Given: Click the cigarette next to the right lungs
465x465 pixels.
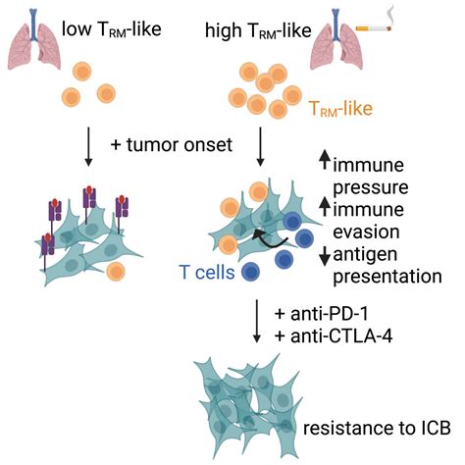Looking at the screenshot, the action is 373,28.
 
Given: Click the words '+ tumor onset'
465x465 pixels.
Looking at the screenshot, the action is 172,144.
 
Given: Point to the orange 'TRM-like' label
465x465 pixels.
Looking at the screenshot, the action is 340,109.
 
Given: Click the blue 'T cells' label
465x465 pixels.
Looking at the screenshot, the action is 207,272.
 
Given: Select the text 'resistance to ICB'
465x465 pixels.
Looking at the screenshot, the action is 377,428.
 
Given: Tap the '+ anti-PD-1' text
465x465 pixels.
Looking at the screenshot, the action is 322,314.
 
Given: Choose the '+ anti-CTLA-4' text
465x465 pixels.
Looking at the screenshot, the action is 334,336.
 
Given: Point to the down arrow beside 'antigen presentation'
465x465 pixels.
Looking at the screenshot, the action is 325,256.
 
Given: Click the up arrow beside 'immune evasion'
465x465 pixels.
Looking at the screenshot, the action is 325,206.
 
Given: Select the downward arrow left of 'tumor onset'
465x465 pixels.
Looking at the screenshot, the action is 88,146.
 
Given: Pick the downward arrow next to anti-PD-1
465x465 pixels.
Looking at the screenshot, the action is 257,321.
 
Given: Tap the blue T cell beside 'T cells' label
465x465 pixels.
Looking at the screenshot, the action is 251,272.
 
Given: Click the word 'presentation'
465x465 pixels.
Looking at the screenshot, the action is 387,277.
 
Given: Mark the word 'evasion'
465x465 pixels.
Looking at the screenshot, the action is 366,232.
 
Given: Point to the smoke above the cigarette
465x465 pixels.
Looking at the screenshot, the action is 389,14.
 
